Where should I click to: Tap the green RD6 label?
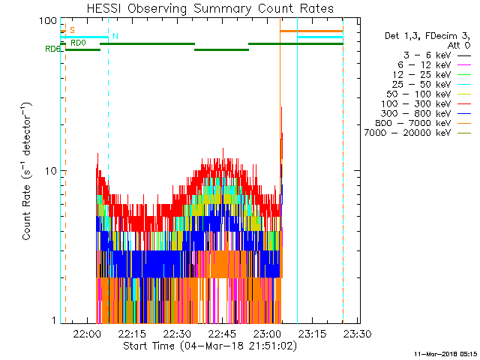pos(52,49)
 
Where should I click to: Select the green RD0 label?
pos(78,43)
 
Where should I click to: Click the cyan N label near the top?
pos(115,36)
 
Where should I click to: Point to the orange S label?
pos(72,30)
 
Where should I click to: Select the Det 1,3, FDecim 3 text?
pos(423,36)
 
